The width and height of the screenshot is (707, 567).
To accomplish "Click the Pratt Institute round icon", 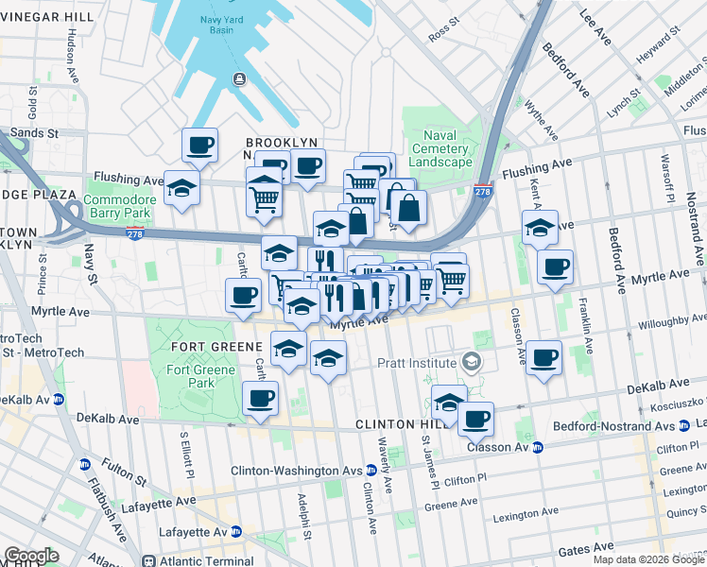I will [x=470, y=362].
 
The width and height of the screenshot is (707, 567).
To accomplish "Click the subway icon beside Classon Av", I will [x=538, y=447].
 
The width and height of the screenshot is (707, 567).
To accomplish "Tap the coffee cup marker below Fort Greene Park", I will [x=260, y=397].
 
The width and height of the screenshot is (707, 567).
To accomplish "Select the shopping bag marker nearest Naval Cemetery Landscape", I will [x=408, y=208].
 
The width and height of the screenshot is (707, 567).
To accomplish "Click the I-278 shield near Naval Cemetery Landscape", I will [x=482, y=191].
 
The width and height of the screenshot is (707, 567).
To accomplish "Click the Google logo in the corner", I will [x=31, y=556].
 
